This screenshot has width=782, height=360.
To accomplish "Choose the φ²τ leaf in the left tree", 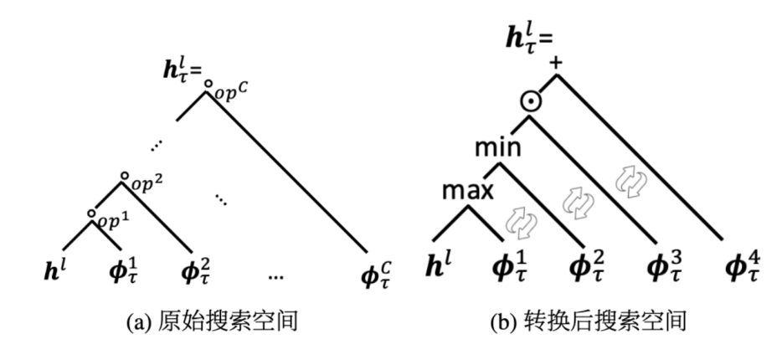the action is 199,272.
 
